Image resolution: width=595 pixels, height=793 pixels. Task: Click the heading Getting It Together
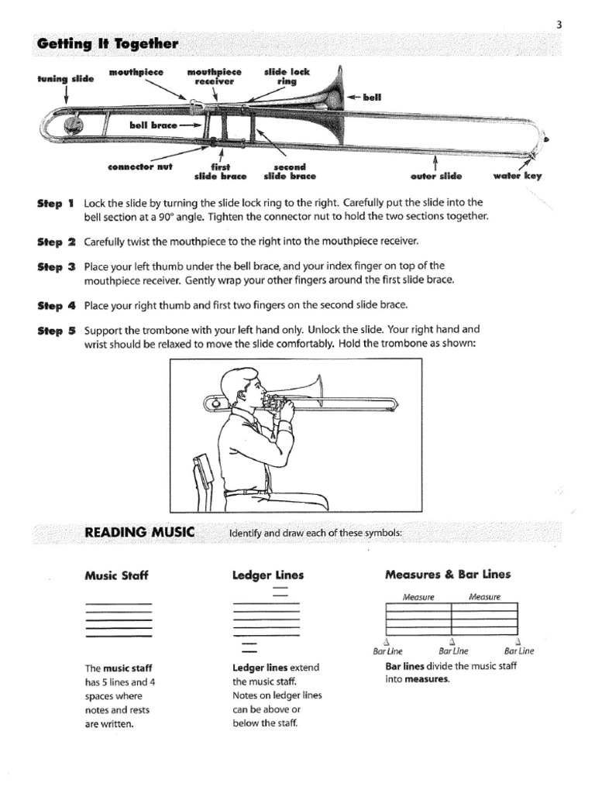pyautogui.click(x=108, y=45)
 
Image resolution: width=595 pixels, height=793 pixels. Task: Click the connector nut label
pyautogui.click(x=140, y=166)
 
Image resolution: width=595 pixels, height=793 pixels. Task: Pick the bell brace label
pyautogui.click(x=153, y=123)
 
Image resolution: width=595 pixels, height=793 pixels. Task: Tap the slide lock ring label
pyautogui.click(x=287, y=76)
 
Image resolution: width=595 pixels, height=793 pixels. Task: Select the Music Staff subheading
pyautogui.click(x=115, y=575)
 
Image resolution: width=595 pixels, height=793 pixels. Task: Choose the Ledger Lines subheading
pyautogui.click(x=268, y=575)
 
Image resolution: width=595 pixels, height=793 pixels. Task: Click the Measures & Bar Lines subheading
pyautogui.click(x=448, y=575)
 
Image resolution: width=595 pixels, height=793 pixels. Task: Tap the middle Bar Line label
pyautogui.click(x=453, y=651)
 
